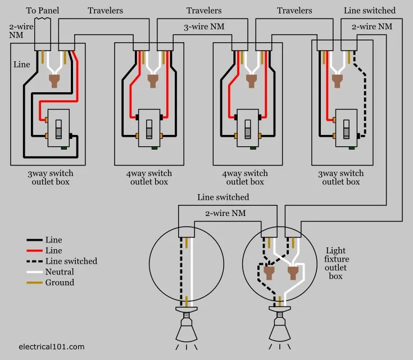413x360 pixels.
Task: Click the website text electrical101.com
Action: point(51,346)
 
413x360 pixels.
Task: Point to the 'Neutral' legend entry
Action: point(59,272)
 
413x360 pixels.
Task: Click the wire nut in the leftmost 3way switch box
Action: point(55,81)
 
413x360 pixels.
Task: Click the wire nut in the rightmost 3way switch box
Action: point(337,81)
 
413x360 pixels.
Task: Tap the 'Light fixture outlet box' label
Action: point(336,263)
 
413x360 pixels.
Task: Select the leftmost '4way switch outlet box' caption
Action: point(149,177)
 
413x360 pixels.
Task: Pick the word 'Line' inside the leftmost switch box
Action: point(22,65)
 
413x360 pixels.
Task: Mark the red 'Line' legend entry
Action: point(54,250)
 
